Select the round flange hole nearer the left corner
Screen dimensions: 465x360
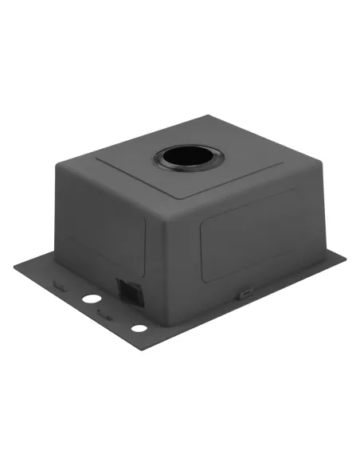(92, 298)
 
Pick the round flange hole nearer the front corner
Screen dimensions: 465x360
(139, 328)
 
